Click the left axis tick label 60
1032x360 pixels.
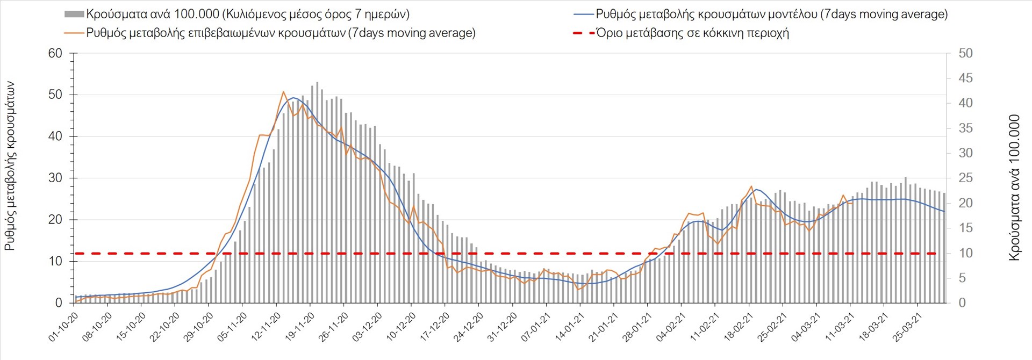[55, 53]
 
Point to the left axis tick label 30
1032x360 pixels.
[55, 178]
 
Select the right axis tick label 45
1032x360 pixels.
[965, 78]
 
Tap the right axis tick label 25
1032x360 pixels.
[965, 178]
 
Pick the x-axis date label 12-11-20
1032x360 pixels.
[266, 326]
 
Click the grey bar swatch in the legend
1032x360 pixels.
[74, 15]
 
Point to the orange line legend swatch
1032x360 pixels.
[74, 33]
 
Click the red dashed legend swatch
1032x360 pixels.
[584, 33]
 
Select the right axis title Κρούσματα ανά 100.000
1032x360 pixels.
[1014, 188]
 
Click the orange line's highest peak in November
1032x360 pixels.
[283, 92]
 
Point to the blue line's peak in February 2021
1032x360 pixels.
[756, 189]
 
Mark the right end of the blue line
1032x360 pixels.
[944, 212]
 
